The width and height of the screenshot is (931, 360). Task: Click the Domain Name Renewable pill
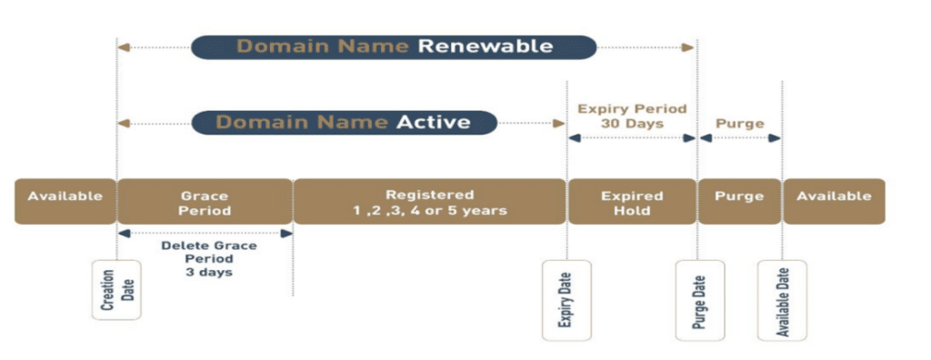tap(394, 45)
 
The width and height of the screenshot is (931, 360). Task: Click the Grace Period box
tap(204, 202)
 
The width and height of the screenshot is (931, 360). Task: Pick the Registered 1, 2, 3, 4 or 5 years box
tap(429, 202)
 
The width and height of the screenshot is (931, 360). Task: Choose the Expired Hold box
tap(631, 202)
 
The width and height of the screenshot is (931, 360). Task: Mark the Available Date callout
tap(781, 299)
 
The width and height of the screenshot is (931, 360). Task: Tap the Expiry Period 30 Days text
tap(632, 116)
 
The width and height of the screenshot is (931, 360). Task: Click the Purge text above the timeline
tap(739, 122)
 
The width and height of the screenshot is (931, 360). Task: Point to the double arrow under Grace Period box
tap(205, 234)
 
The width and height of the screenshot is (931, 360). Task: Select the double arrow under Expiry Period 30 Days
tap(631, 138)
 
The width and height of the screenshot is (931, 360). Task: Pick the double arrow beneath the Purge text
tap(739, 138)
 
